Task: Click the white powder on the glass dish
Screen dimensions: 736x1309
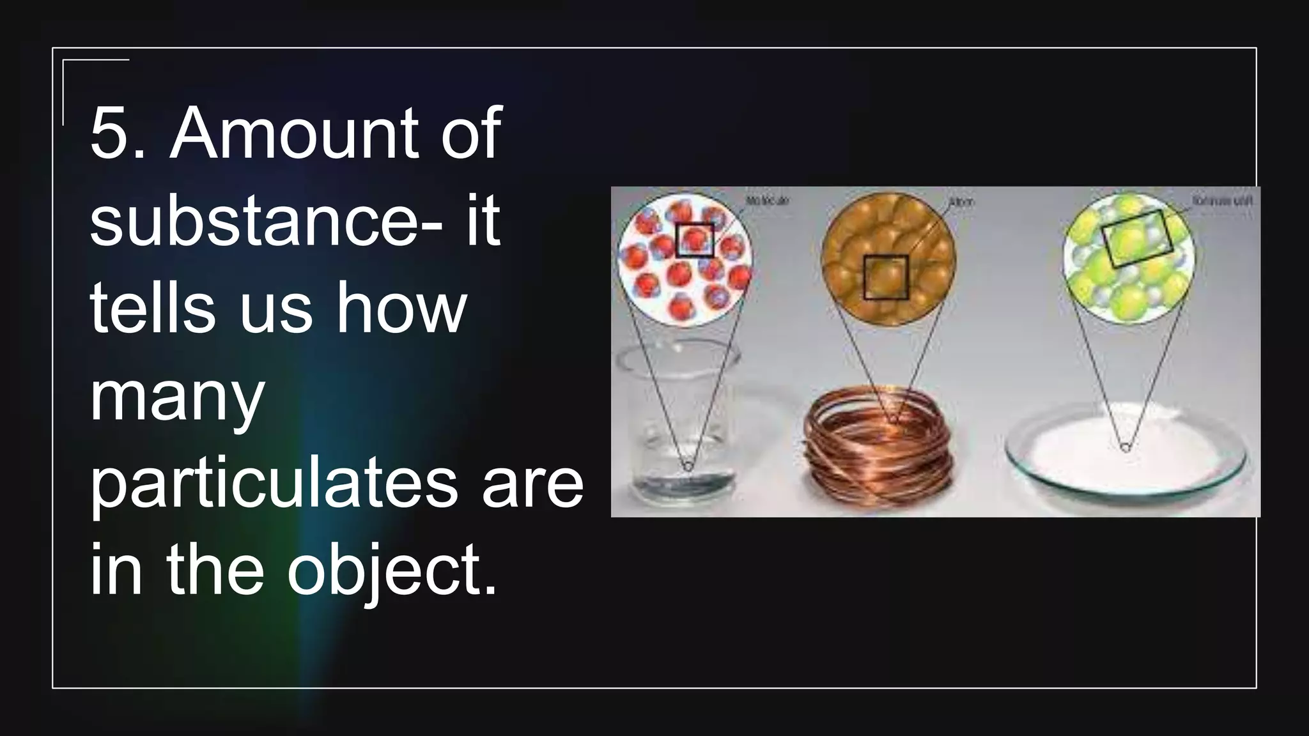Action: [1125, 447]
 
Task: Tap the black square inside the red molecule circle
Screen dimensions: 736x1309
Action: [695, 240]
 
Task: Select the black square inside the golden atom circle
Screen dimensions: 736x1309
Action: [885, 277]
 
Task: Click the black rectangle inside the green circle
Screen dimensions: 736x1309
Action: [1136, 238]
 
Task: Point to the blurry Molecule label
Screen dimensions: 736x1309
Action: [768, 201]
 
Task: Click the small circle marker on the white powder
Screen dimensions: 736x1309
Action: [1126, 448]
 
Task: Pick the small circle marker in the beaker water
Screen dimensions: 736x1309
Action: [688, 467]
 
